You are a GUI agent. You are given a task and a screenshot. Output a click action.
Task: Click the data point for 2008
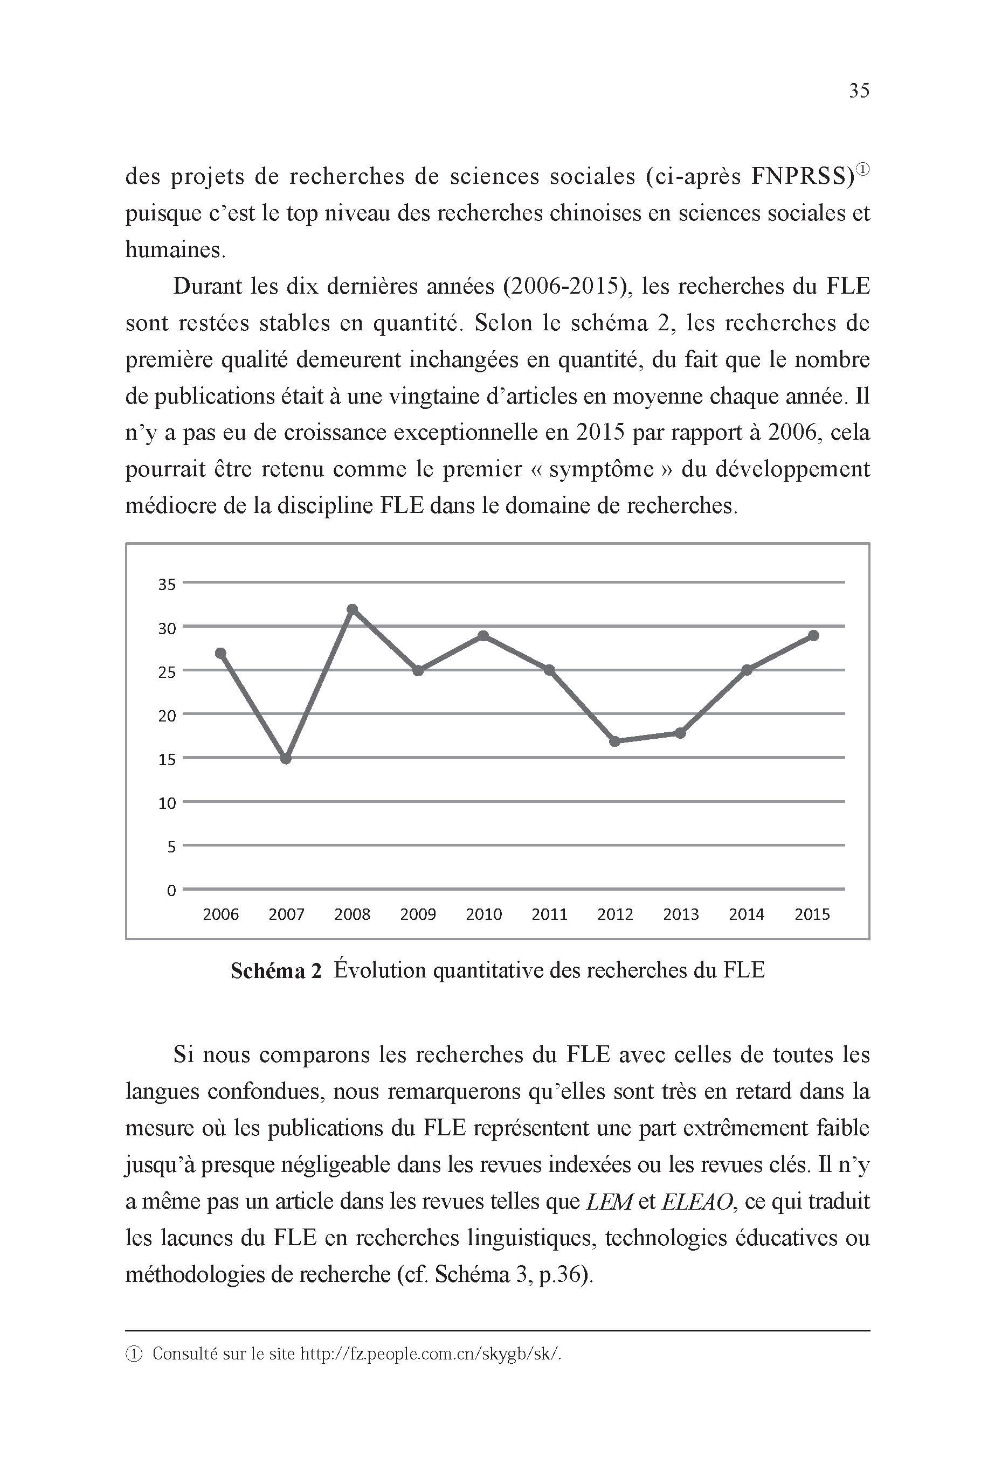tap(352, 609)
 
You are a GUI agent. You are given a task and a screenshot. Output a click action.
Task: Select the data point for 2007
tap(286, 759)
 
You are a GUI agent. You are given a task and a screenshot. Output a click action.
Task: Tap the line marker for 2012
tap(615, 741)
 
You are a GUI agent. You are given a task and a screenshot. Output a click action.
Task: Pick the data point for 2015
tap(813, 635)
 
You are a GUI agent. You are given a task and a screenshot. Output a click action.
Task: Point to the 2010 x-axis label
tap(483, 914)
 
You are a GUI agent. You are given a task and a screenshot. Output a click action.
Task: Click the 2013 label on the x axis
tap(681, 914)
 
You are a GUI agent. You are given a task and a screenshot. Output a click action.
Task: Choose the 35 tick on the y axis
tap(167, 585)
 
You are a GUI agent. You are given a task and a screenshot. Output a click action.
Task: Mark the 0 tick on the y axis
tap(171, 891)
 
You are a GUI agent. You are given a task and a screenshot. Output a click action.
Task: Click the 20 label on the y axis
tap(167, 716)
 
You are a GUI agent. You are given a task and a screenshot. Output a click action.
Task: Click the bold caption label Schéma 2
tap(276, 971)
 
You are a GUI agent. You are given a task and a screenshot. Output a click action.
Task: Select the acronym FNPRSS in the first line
tap(802, 177)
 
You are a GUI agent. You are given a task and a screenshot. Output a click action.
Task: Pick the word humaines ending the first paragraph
tap(175, 249)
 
